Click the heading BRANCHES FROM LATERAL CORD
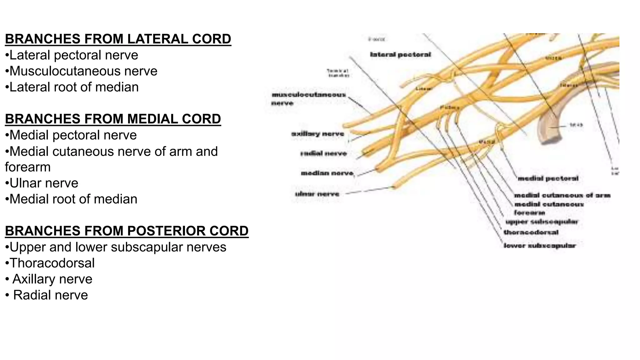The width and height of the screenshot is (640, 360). click(x=118, y=39)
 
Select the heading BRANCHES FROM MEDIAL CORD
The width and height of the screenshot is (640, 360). click(x=113, y=119)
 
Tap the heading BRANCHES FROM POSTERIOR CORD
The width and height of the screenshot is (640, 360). click(x=127, y=231)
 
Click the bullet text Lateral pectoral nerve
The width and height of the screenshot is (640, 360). click(x=74, y=55)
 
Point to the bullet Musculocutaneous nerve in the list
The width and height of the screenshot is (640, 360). click(x=83, y=71)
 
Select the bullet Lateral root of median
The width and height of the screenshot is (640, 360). click(x=74, y=87)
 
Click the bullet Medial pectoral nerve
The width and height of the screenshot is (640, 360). click(x=73, y=135)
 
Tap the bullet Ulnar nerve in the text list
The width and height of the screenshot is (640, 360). click(x=44, y=183)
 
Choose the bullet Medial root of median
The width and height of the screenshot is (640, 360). click(x=73, y=199)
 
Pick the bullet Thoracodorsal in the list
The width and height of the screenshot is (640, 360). click(x=52, y=263)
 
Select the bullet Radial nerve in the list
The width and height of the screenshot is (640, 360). click(x=50, y=295)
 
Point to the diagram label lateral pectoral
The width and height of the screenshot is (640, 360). click(x=400, y=55)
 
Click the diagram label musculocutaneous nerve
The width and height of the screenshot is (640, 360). click(x=308, y=98)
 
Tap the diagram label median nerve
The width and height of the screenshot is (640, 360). click(x=327, y=173)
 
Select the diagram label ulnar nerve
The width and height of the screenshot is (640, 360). click(x=317, y=194)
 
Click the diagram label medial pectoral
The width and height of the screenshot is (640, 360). click(x=548, y=178)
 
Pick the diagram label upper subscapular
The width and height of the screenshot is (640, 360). click(x=542, y=222)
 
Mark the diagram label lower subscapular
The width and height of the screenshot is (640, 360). click(x=539, y=246)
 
